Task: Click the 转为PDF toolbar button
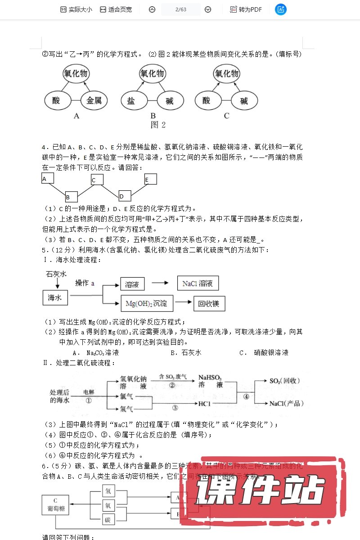246,9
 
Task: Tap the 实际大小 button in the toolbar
76,9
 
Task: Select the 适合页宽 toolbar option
116,9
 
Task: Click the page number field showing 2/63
180,9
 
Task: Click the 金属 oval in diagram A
94,101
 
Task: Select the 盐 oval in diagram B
131,101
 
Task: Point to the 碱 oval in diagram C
243,101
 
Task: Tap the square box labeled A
48,179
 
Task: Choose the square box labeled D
125,196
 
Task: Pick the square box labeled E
150,179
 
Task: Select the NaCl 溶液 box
198,283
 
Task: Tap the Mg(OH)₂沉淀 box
147,303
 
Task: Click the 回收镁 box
209,303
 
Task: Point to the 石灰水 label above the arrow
56,274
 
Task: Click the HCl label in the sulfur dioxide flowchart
205,404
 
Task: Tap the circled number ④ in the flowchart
246,396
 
